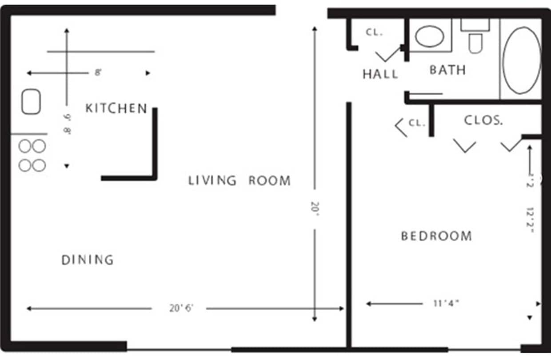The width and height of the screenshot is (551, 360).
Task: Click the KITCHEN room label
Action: pyautogui.click(x=116, y=108)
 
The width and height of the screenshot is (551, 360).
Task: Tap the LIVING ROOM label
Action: pyautogui.click(x=240, y=181)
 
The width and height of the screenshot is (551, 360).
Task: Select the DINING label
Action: pyautogui.click(x=88, y=260)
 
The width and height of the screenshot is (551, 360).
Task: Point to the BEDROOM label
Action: pyautogui.click(x=436, y=236)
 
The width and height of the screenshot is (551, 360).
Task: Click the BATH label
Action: pyautogui.click(x=447, y=70)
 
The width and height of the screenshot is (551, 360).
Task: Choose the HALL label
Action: pyautogui.click(x=380, y=74)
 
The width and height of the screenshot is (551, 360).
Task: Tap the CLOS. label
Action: pyautogui.click(x=483, y=120)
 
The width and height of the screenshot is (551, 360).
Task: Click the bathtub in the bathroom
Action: pyautogui.click(x=521, y=60)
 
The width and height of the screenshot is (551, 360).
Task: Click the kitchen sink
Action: pyautogui.click(x=31, y=102)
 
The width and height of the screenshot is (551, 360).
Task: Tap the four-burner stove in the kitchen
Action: pyautogui.click(x=32, y=156)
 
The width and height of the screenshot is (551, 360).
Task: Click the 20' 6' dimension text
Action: pyautogui.click(x=181, y=308)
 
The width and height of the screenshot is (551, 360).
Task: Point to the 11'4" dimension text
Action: pyautogui.click(x=446, y=304)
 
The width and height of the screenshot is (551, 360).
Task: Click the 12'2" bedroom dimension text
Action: pyautogui.click(x=530, y=220)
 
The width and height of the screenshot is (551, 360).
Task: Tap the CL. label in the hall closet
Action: pyautogui.click(x=374, y=32)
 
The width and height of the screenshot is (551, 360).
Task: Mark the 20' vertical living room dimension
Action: pyautogui.click(x=314, y=207)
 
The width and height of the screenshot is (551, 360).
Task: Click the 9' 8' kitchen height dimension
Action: pyautogui.click(x=67, y=124)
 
